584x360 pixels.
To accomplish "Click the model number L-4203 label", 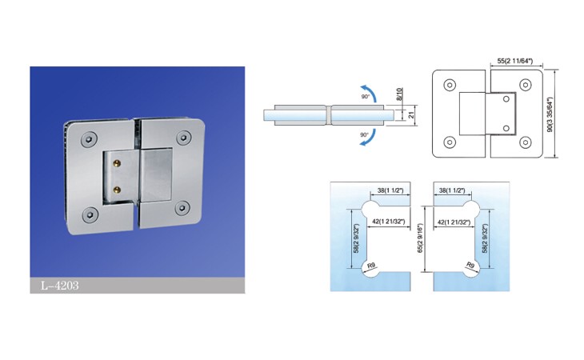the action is coord(59,286).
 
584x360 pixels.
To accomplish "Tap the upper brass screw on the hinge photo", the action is coord(118,162).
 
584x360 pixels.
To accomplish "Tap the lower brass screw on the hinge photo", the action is coord(117,190).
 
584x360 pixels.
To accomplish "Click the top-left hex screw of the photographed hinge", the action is coord(89,139).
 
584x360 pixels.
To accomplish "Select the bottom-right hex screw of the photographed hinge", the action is coord(182,208).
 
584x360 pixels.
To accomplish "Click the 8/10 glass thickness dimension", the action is coord(400,94).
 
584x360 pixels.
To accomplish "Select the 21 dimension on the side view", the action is coord(411,115).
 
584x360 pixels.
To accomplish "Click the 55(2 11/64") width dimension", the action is coord(515,61).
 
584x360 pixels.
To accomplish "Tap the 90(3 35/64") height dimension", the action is coord(550,114).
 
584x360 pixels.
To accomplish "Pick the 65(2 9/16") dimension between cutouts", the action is coord(421,238).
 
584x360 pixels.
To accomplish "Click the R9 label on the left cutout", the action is coord(371,266).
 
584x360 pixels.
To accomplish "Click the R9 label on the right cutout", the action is coord(470,266).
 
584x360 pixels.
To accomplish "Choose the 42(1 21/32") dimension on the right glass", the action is coord(454,222).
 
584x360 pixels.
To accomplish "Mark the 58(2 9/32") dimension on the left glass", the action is coord(356,238).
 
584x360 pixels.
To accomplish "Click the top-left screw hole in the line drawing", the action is coord(450,85).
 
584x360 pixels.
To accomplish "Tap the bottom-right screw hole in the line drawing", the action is coord(525,142).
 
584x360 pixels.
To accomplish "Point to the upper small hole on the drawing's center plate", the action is coord(506,99).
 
